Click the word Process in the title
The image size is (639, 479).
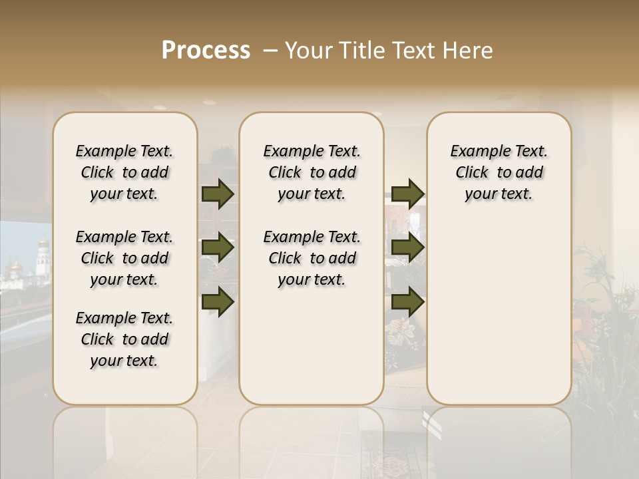pos(206,51)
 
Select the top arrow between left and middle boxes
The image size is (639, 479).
pos(218,194)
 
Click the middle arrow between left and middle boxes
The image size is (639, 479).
pos(218,248)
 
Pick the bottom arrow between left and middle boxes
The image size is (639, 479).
pos(218,301)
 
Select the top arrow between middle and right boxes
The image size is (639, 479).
pos(407,194)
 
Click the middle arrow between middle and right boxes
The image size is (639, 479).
pos(407,248)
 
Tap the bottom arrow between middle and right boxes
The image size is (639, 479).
pos(407,301)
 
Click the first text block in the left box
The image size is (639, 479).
pos(124,172)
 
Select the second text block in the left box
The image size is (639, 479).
pos(124,258)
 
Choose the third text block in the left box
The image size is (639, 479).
pos(124,339)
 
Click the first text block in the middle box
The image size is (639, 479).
pos(312,172)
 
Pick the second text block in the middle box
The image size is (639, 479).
pos(312,258)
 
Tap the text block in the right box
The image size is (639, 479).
pos(499,172)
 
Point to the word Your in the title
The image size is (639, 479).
pos(306,51)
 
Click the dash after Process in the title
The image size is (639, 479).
pos(270,51)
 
